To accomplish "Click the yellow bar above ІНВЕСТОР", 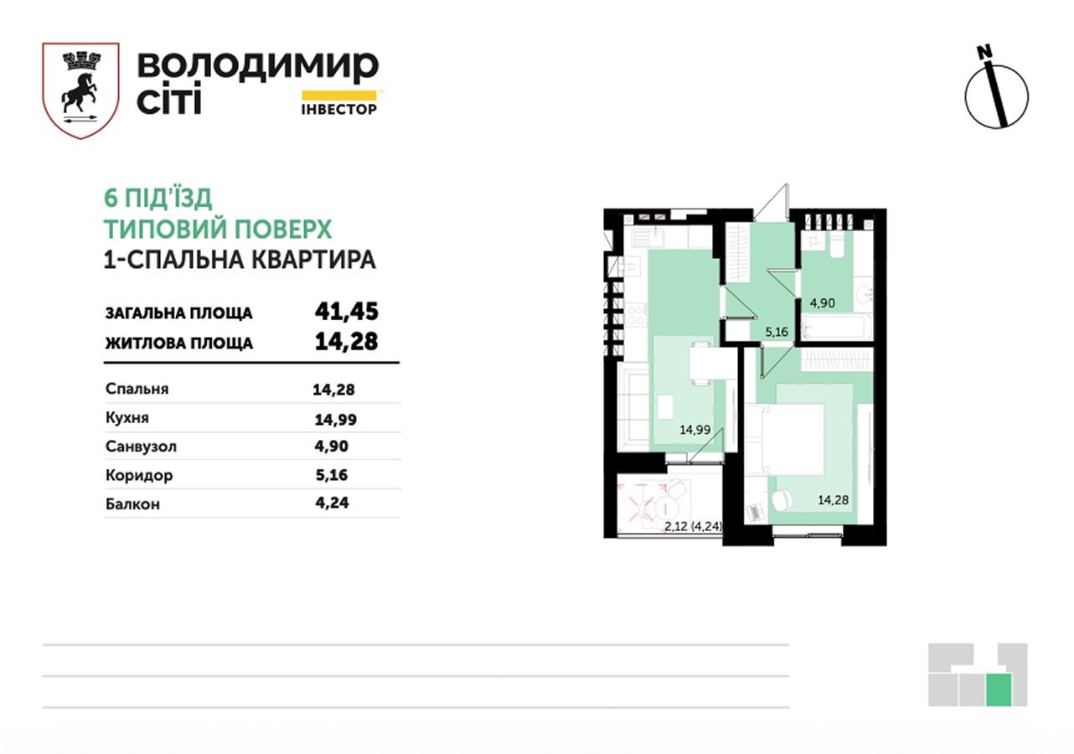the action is [339, 96].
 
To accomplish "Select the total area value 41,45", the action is [346, 312].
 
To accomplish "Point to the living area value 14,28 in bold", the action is [346, 342].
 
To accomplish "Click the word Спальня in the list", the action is [137, 389].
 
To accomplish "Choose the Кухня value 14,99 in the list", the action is [336, 420].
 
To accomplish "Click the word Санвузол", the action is [141, 447].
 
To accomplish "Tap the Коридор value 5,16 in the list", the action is [332, 475].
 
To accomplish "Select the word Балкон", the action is [133, 504].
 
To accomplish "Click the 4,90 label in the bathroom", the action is [823, 303].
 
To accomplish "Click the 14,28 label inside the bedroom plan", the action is [834, 500].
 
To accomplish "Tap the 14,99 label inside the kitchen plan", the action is [695, 430].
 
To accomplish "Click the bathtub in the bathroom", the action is [836, 327].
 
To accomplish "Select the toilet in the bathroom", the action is [838, 245].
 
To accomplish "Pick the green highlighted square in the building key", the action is [999, 689].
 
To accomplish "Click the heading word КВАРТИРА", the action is [314, 261].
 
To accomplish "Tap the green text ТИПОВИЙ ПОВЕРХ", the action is [218, 229].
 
